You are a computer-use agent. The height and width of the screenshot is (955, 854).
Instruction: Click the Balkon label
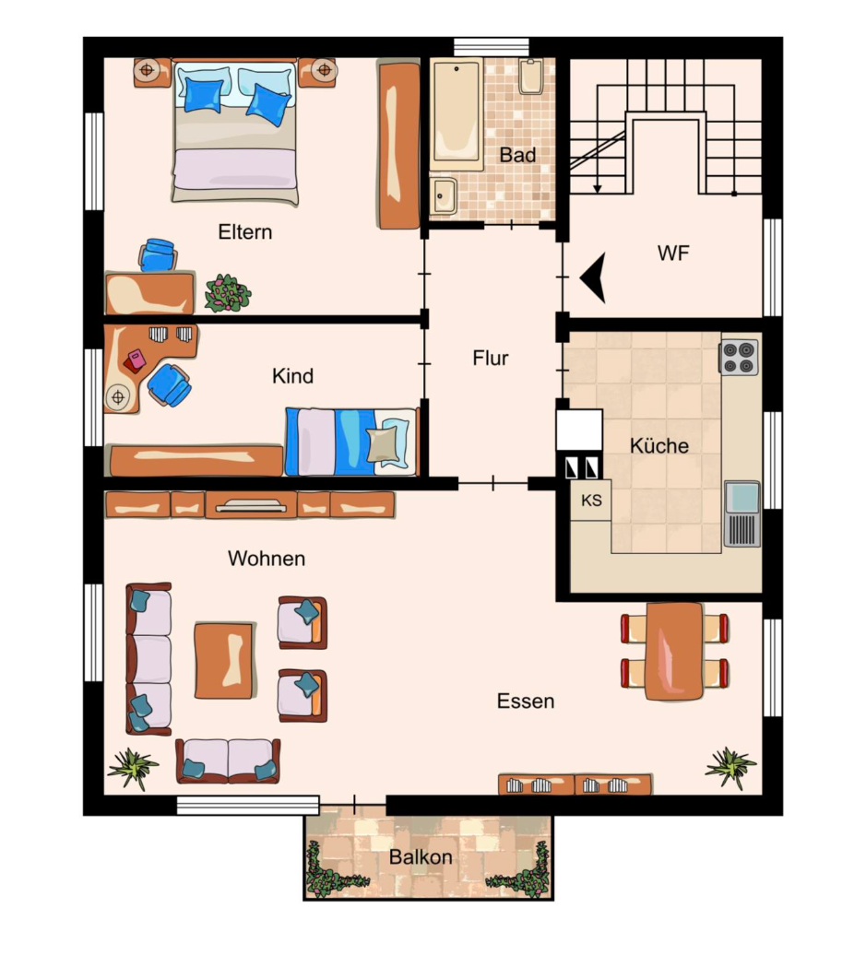[421, 857]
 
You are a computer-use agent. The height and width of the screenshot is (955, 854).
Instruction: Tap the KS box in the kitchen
[591, 500]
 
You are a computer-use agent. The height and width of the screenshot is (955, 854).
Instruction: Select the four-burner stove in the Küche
[739, 358]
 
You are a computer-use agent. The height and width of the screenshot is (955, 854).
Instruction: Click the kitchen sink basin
[742, 497]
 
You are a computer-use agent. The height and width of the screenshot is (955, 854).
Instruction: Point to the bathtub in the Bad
[457, 114]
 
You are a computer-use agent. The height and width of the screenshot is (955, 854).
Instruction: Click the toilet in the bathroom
[531, 77]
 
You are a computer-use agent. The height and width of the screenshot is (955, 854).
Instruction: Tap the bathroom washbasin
[443, 196]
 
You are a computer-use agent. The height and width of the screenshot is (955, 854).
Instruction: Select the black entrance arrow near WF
[593, 277]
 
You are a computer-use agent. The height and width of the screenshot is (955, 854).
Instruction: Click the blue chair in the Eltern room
[158, 254]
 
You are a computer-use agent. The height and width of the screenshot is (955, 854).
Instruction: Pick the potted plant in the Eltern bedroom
[227, 293]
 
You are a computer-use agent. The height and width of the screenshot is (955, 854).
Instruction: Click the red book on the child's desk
[135, 361]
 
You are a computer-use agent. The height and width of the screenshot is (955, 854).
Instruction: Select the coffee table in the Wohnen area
[224, 660]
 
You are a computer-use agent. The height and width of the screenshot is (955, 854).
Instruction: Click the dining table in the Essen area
[674, 651]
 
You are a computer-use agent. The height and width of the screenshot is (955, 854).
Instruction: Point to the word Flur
[491, 358]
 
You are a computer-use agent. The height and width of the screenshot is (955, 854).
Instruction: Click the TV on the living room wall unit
[251, 505]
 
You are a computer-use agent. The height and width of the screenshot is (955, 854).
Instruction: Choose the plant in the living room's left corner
[133, 769]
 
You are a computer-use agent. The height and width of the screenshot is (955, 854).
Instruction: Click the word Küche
[659, 445]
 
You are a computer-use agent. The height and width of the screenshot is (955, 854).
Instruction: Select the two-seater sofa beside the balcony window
[229, 760]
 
